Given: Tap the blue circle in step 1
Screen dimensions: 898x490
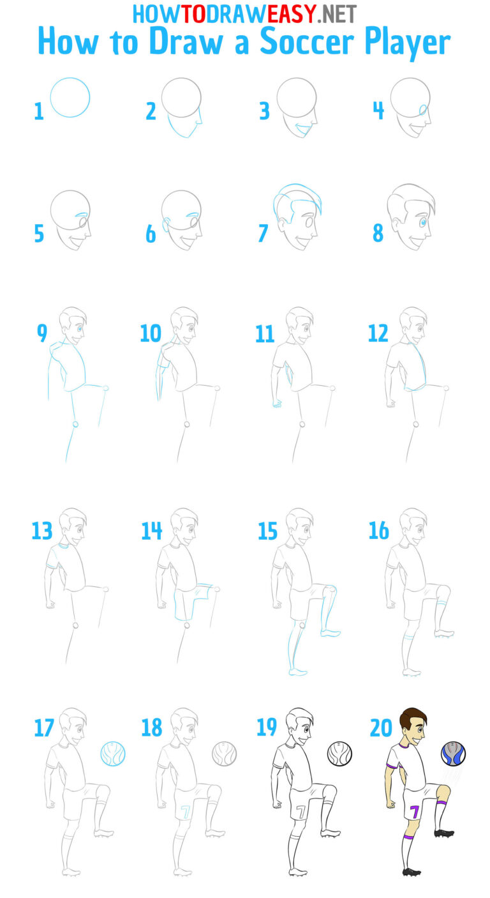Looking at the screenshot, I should pos(70,97).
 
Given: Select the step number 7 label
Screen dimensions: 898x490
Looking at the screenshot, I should pos(263,234).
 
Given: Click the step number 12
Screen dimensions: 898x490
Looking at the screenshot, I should pos(378,333).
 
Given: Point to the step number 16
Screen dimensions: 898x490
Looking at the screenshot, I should pos(379,531).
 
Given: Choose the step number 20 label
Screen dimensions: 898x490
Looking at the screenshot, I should pos(382,728).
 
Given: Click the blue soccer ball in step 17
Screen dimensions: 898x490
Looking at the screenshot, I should pos(113,754).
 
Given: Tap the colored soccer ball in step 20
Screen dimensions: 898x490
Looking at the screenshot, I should pos(453,754).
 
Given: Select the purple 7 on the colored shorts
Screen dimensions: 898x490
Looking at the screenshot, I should pos(415,812).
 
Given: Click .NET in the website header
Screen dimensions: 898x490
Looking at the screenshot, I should pos(336,12).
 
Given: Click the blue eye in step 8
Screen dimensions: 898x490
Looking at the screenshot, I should pos(422,222).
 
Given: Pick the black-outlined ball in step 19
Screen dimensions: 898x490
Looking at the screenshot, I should pos(339,754).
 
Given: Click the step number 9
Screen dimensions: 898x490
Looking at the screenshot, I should pos(42,333).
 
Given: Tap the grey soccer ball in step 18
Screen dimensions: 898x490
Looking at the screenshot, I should pos(225,754).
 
